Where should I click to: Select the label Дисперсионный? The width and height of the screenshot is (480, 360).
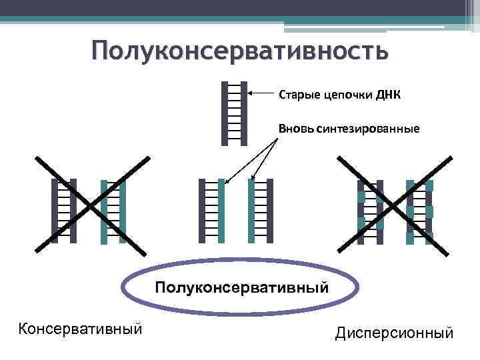click(x=395, y=332)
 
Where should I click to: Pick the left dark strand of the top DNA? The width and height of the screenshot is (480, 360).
click(x=224, y=112)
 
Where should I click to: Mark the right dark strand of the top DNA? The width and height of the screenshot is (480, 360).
click(x=244, y=112)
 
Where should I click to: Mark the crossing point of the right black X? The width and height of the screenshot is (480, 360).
click(x=395, y=205)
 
